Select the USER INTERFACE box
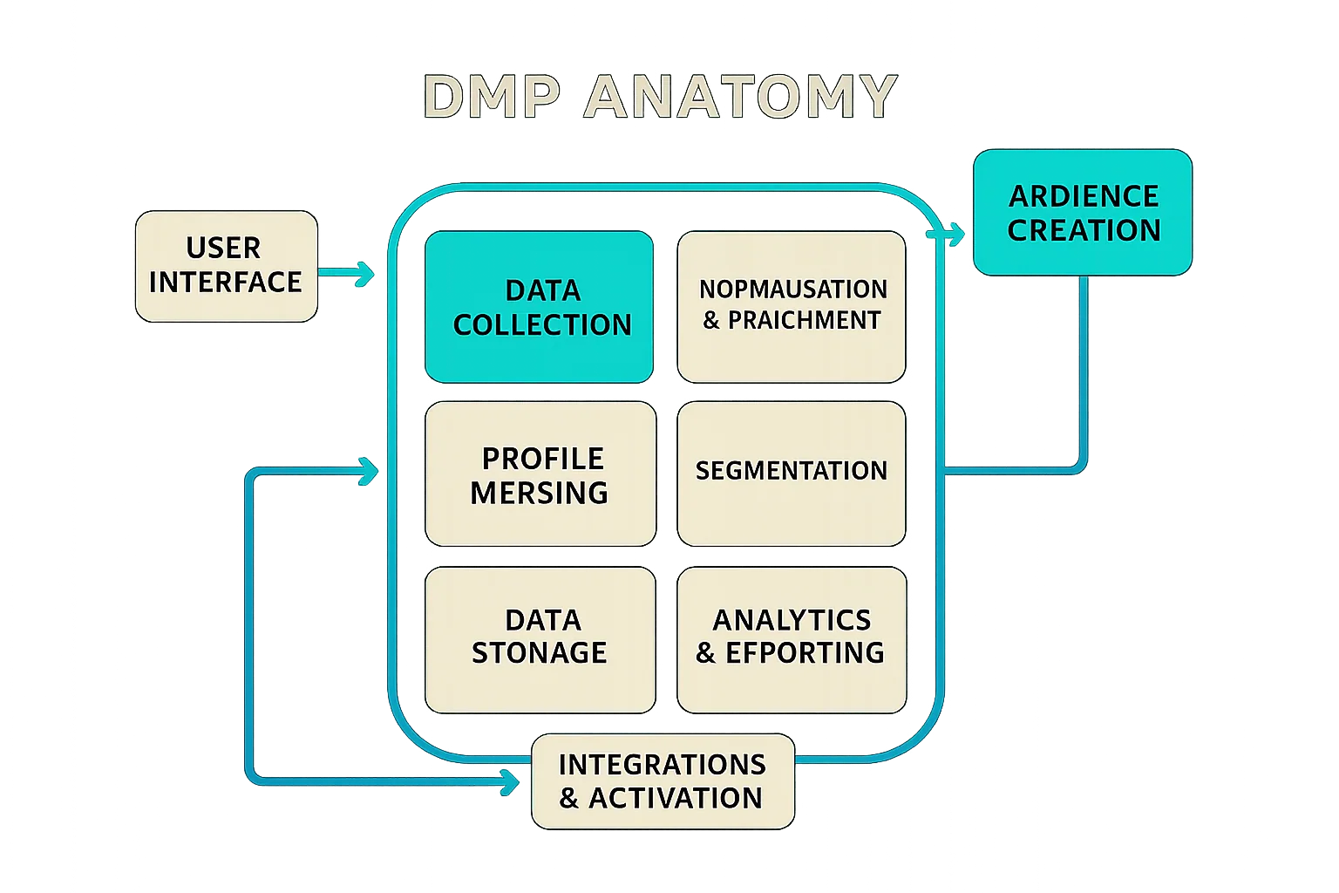(226, 266)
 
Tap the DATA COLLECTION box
(539, 307)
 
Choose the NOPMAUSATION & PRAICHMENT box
(792, 307)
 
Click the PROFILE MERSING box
(540, 474)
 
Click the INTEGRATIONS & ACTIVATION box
(663, 781)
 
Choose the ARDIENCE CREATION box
(1082, 213)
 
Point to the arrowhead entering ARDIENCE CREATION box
(955, 235)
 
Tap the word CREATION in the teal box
(1084, 230)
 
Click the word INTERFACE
(226, 283)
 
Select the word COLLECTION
(542, 324)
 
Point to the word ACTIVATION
(675, 798)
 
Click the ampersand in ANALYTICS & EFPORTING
(706, 653)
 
